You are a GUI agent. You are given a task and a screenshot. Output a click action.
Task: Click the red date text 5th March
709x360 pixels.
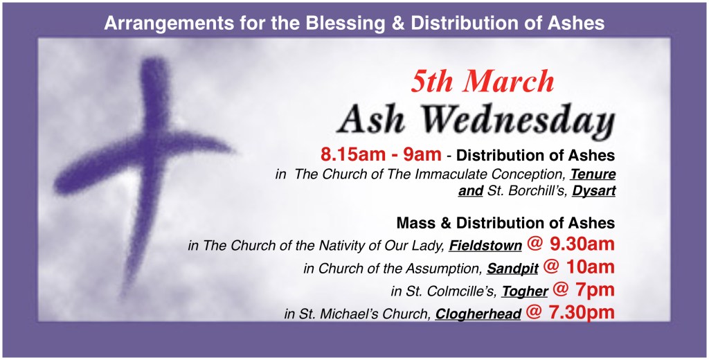click(x=483, y=82)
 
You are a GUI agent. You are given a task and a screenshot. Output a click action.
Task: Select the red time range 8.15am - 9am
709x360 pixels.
click(x=381, y=154)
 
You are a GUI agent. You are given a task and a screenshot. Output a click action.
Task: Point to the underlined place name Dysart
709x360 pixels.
click(x=594, y=191)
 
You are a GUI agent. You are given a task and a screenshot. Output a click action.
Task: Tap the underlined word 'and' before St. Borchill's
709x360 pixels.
click(x=471, y=191)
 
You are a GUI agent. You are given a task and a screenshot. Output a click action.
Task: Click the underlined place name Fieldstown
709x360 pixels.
click(x=485, y=246)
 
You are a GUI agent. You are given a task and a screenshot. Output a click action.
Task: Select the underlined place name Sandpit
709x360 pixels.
click(x=512, y=269)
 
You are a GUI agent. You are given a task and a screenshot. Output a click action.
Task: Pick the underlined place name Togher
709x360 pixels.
click(x=525, y=291)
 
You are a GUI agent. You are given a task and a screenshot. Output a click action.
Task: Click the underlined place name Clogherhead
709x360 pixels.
click(x=478, y=314)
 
